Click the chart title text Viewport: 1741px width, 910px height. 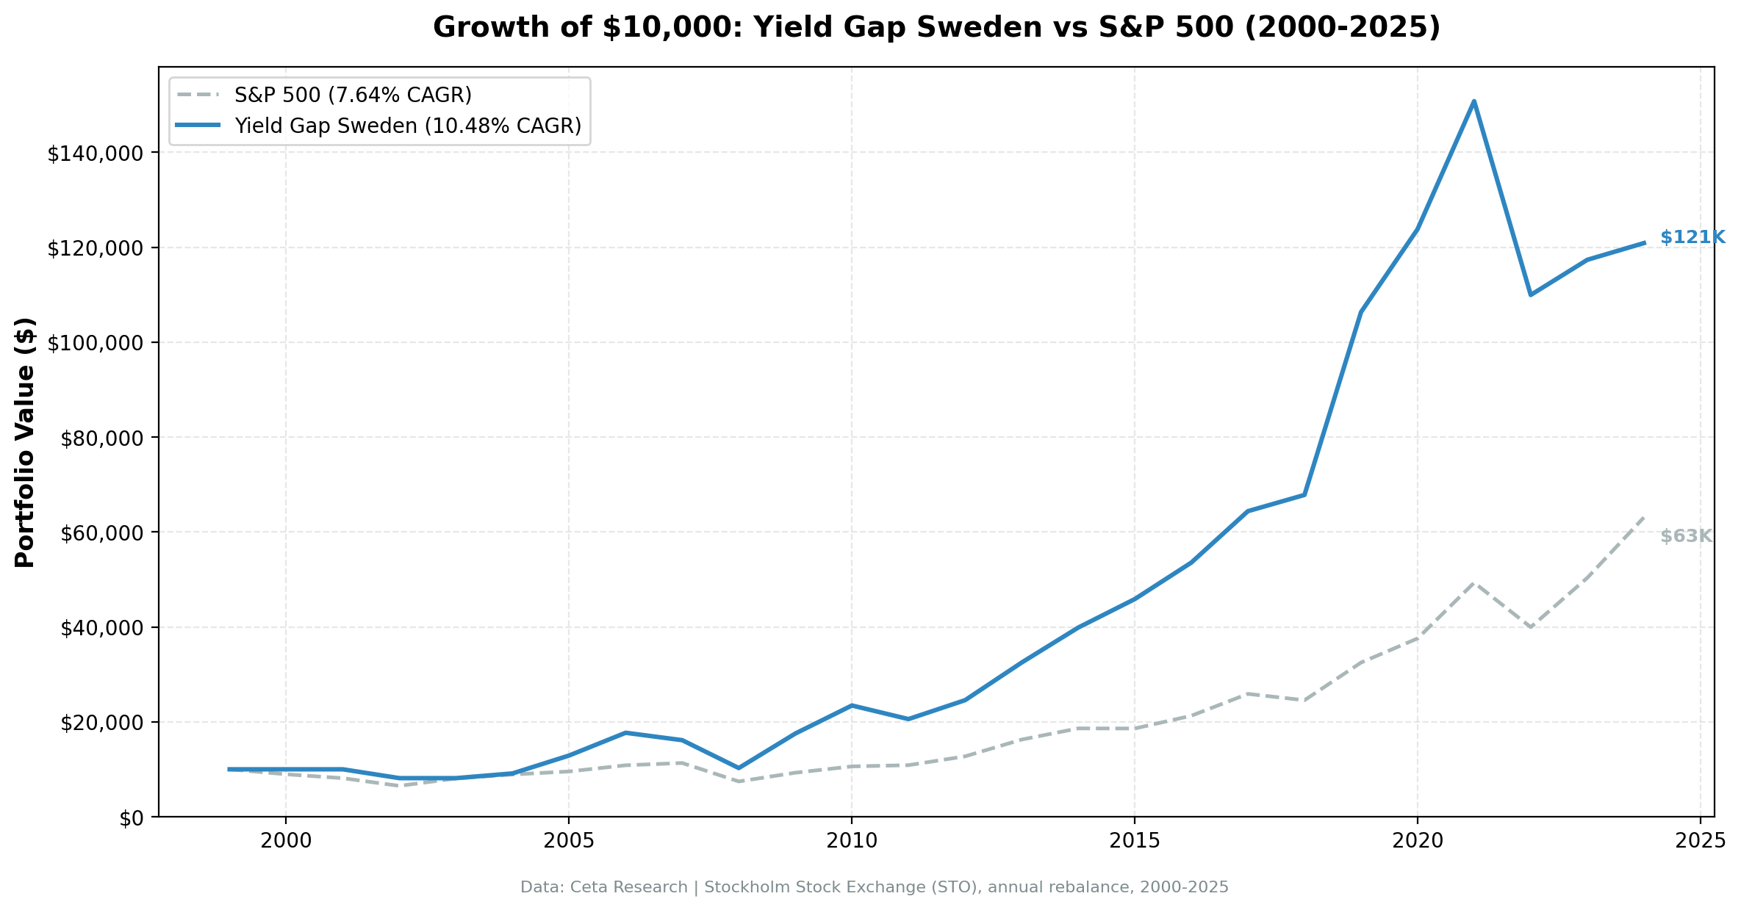click(936, 28)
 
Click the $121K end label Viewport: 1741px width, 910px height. click(1692, 237)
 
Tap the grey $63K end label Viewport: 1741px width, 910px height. click(1686, 537)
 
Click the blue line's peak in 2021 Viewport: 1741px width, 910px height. click(1473, 101)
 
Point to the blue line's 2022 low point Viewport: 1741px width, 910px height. click(1530, 295)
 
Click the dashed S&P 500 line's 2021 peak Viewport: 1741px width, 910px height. click(1473, 583)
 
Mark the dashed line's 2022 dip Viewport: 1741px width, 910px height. click(1530, 627)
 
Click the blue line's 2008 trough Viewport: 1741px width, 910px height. click(739, 768)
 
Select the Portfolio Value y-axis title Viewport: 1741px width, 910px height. click(25, 442)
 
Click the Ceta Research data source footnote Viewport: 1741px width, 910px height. click(874, 887)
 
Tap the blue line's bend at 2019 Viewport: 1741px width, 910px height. click(1361, 312)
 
